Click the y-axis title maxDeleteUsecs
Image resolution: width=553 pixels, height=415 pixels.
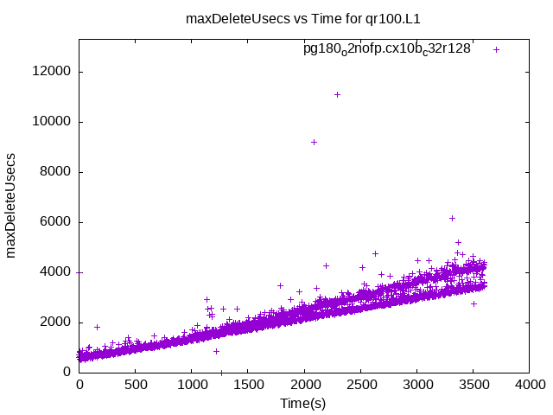tap(11, 205)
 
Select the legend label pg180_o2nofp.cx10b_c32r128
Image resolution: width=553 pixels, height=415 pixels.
tap(386, 49)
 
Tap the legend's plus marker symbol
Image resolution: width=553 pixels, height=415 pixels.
tap(496, 49)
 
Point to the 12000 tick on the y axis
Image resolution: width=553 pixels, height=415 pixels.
tap(54, 72)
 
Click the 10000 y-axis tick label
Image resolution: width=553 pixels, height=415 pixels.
tap(54, 122)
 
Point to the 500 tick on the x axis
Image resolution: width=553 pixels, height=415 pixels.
tap(136, 386)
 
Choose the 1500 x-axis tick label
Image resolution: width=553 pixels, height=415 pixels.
tap(248, 386)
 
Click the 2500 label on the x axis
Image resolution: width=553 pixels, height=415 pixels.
tap(360, 386)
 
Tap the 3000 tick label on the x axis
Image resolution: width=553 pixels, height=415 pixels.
tap(416, 386)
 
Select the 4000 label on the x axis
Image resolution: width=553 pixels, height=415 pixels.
tap(529, 386)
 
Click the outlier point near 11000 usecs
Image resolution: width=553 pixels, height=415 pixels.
tap(337, 94)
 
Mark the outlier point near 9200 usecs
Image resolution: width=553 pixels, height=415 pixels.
tap(314, 142)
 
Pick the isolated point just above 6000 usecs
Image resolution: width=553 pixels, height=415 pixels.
tap(452, 218)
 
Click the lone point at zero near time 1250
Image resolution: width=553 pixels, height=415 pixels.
tap(221, 373)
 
